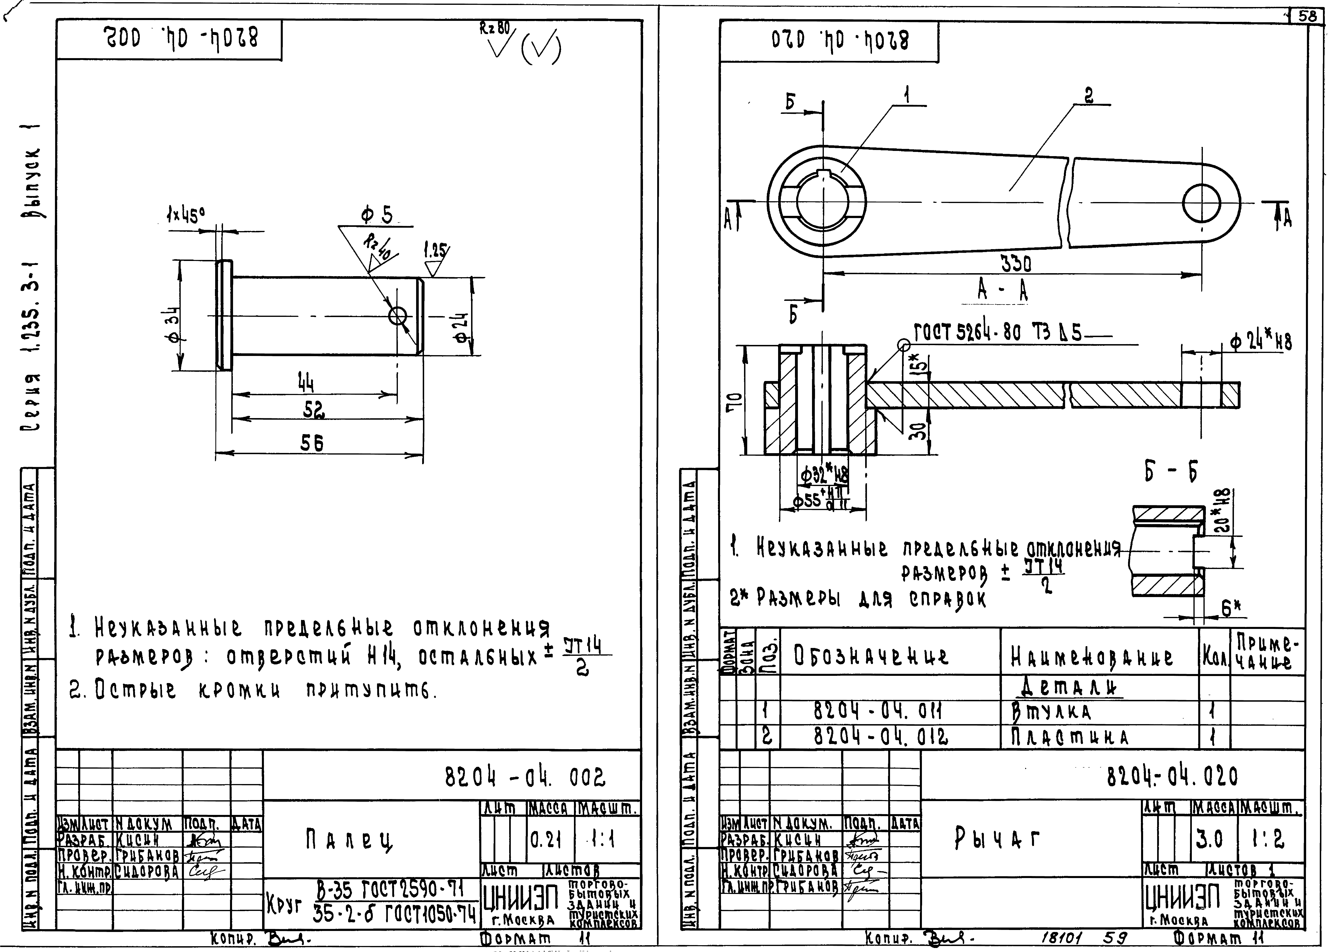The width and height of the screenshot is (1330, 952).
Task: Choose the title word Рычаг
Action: [997, 839]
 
